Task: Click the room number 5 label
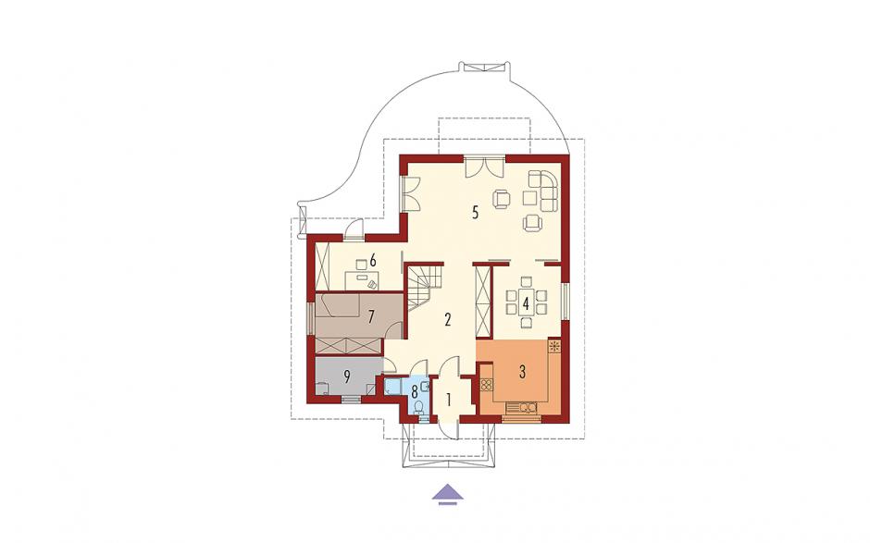(475, 213)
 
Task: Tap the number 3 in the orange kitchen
(522, 372)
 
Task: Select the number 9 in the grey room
(347, 376)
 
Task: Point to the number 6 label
(373, 259)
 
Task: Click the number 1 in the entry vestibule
(450, 398)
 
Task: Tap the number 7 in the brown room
(372, 316)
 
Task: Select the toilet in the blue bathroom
(420, 409)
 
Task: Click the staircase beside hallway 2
(425, 288)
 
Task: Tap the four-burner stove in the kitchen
(487, 385)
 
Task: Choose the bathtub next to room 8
(395, 386)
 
